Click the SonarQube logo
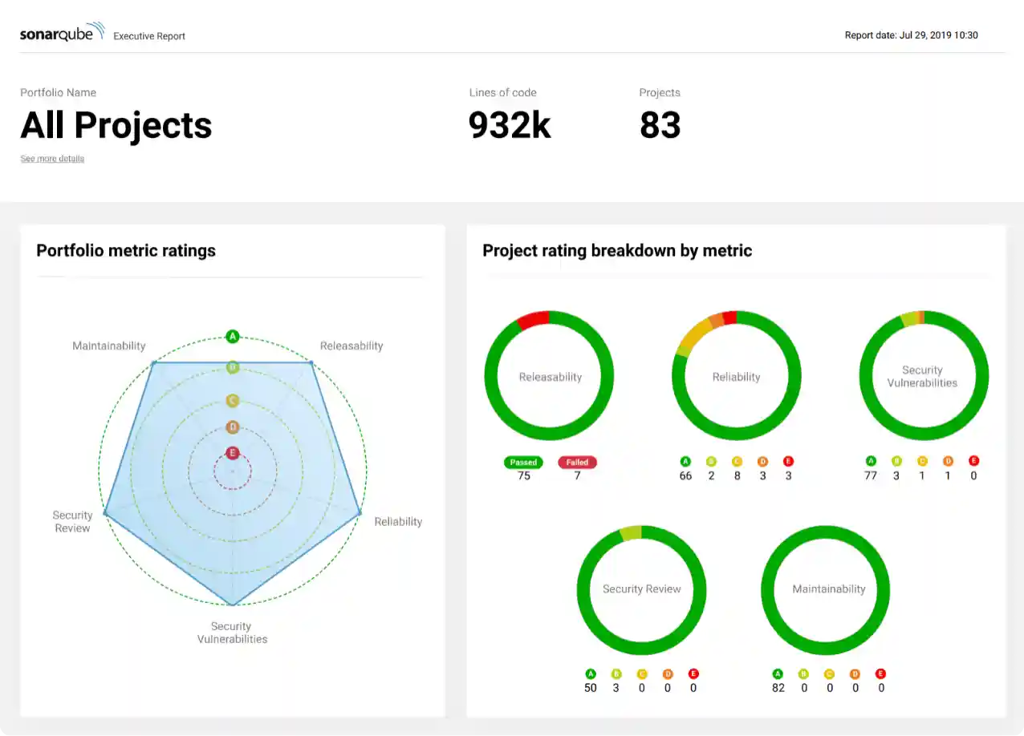pyautogui.click(x=62, y=34)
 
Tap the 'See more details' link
pyautogui.click(x=52, y=159)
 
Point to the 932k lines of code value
pyautogui.click(x=510, y=125)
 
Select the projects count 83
pyautogui.click(x=660, y=125)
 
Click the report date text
pyautogui.click(x=911, y=35)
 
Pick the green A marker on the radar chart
pyautogui.click(x=233, y=336)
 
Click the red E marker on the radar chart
pyautogui.click(x=233, y=453)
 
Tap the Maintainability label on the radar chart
pyautogui.click(x=109, y=346)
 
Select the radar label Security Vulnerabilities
pyautogui.click(x=232, y=633)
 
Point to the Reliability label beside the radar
pyautogui.click(x=398, y=521)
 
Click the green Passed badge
pyautogui.click(x=523, y=463)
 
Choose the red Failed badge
pyautogui.click(x=577, y=463)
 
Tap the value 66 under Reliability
pyautogui.click(x=685, y=476)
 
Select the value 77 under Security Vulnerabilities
pyautogui.click(x=871, y=476)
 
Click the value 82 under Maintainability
pyautogui.click(x=778, y=688)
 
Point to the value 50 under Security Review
pyautogui.click(x=591, y=688)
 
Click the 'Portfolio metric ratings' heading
pyautogui.click(x=126, y=250)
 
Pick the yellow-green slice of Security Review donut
pyautogui.click(x=631, y=533)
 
